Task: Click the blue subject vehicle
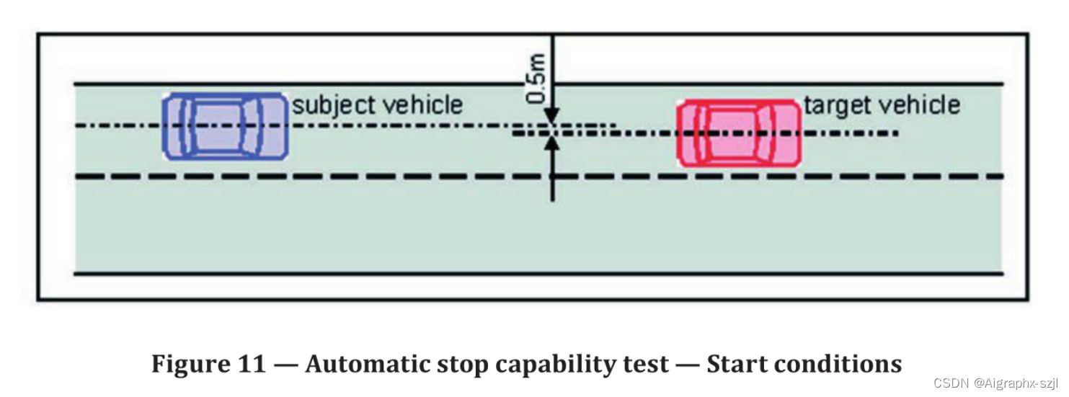(226, 126)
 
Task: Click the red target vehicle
(739, 133)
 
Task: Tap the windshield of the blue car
(252, 126)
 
